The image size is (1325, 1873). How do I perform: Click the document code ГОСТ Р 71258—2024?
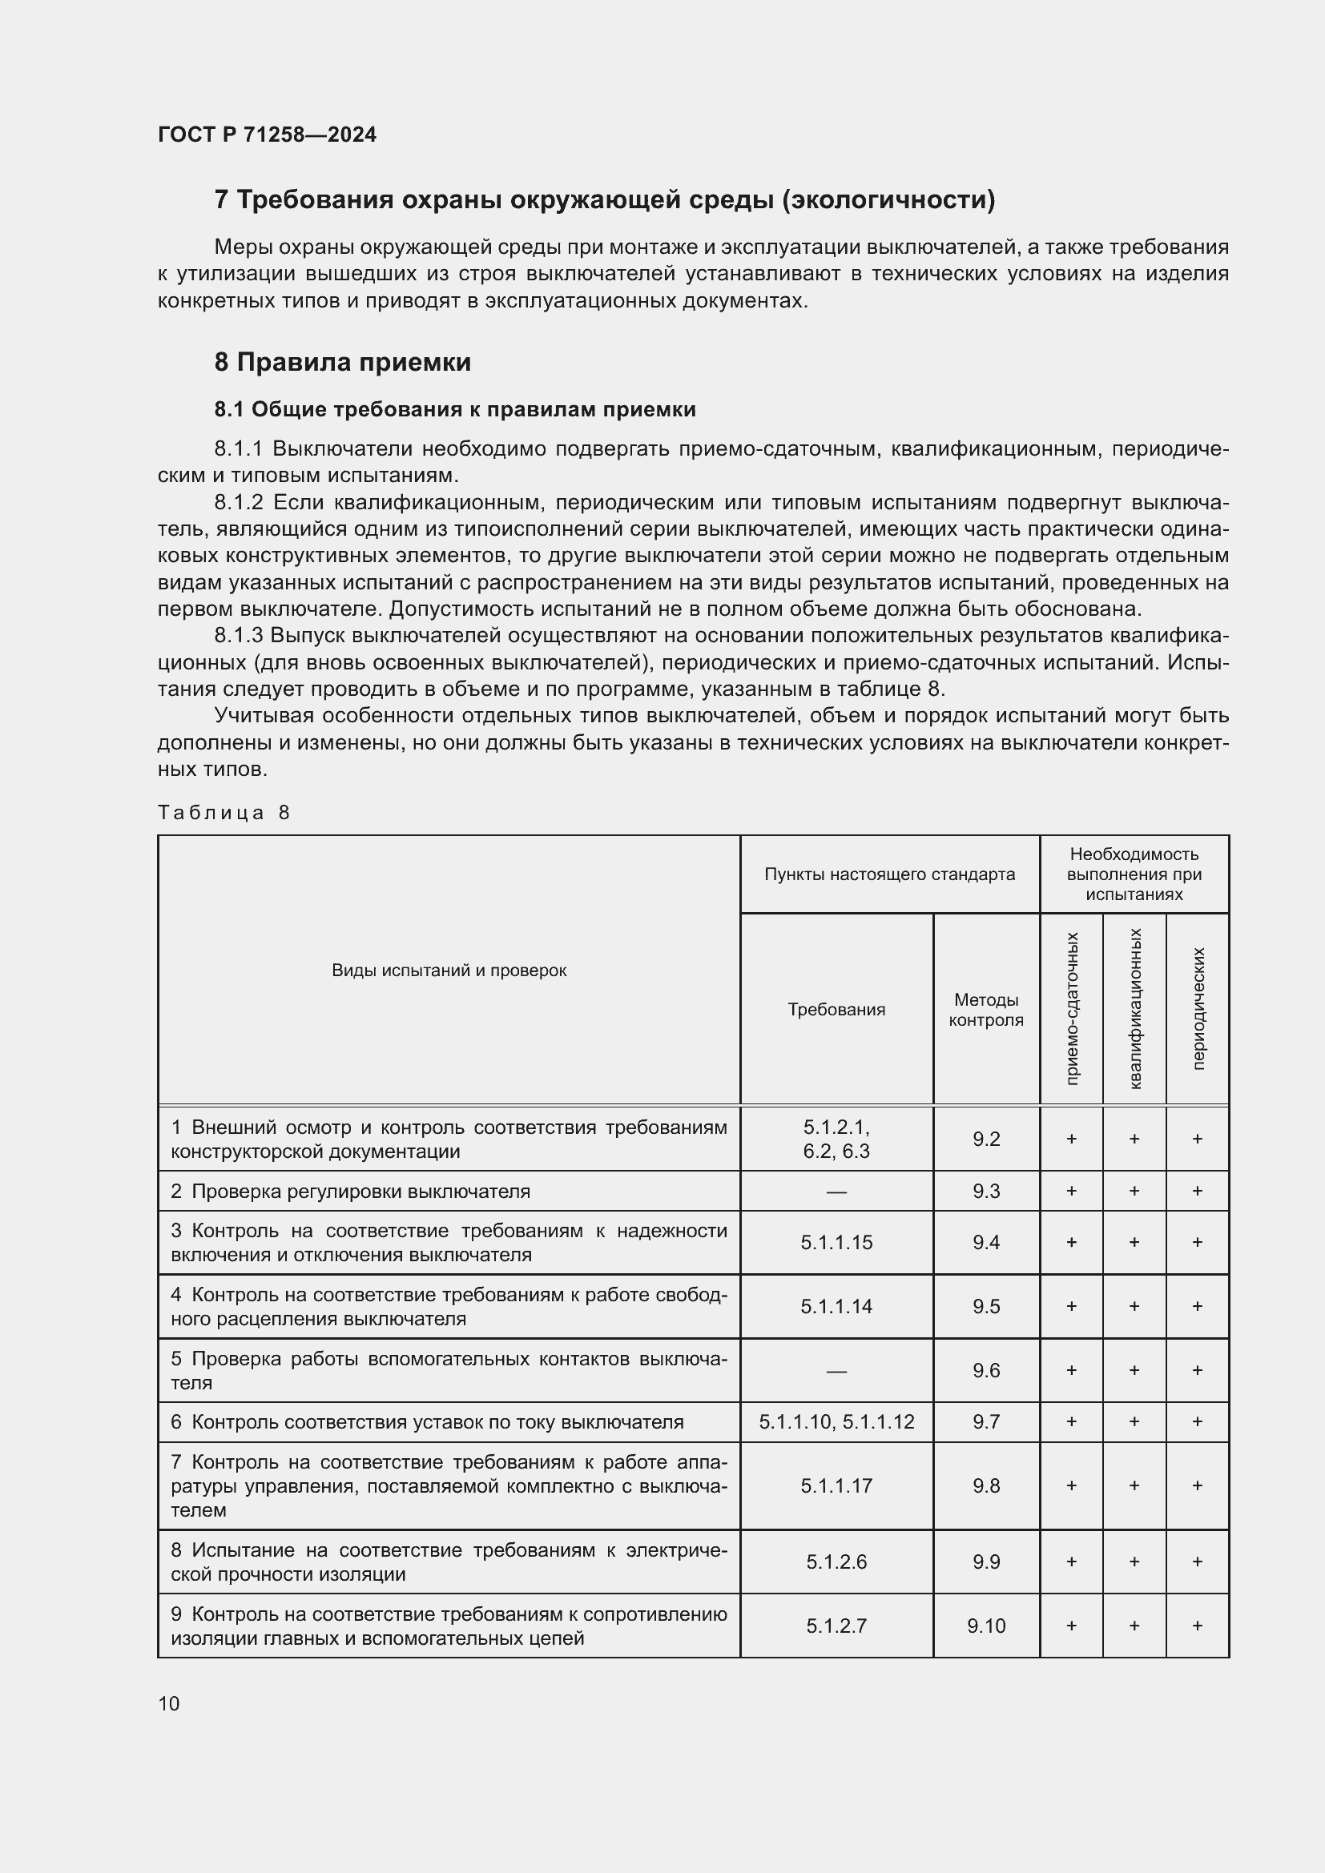[267, 135]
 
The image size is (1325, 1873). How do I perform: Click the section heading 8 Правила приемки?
[342, 362]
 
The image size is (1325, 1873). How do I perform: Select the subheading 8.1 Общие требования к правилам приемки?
[454, 409]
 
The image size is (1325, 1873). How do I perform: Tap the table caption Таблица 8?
[224, 813]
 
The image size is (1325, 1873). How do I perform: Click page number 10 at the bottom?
[169, 1703]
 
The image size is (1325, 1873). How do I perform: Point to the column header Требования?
[836, 1010]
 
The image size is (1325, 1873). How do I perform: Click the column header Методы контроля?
[985, 1010]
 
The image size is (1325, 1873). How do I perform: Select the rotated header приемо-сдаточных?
[1072, 1009]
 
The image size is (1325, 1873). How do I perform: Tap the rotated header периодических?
[1198, 1009]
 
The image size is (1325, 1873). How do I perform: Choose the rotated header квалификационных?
[1135, 1009]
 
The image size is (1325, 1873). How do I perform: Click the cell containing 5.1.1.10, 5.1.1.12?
[836, 1422]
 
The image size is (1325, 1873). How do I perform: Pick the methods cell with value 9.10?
[985, 1626]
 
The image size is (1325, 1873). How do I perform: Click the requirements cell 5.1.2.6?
[836, 1562]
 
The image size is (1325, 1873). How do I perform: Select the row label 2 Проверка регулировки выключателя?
[351, 1191]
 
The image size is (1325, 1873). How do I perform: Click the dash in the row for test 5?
[836, 1371]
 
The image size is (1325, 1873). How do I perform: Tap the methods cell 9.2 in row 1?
[985, 1139]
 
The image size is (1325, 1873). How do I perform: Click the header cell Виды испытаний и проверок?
[449, 971]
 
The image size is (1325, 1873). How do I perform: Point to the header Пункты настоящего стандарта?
[889, 874]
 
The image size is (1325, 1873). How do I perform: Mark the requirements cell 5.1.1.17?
[836, 1485]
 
